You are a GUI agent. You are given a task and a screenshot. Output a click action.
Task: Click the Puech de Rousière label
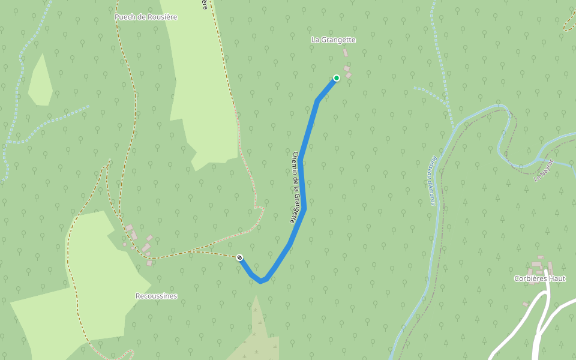point(146,17)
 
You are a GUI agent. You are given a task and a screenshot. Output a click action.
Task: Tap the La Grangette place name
point(334,40)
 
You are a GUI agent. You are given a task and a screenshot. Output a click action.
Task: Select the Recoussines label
point(156,296)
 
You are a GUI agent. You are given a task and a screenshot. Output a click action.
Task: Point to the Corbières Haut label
point(539,278)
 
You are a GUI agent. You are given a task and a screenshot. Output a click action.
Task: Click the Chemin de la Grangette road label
point(295,187)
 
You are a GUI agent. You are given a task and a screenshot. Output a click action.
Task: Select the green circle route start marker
point(337,78)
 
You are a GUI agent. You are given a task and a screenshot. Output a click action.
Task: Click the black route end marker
point(239,257)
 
